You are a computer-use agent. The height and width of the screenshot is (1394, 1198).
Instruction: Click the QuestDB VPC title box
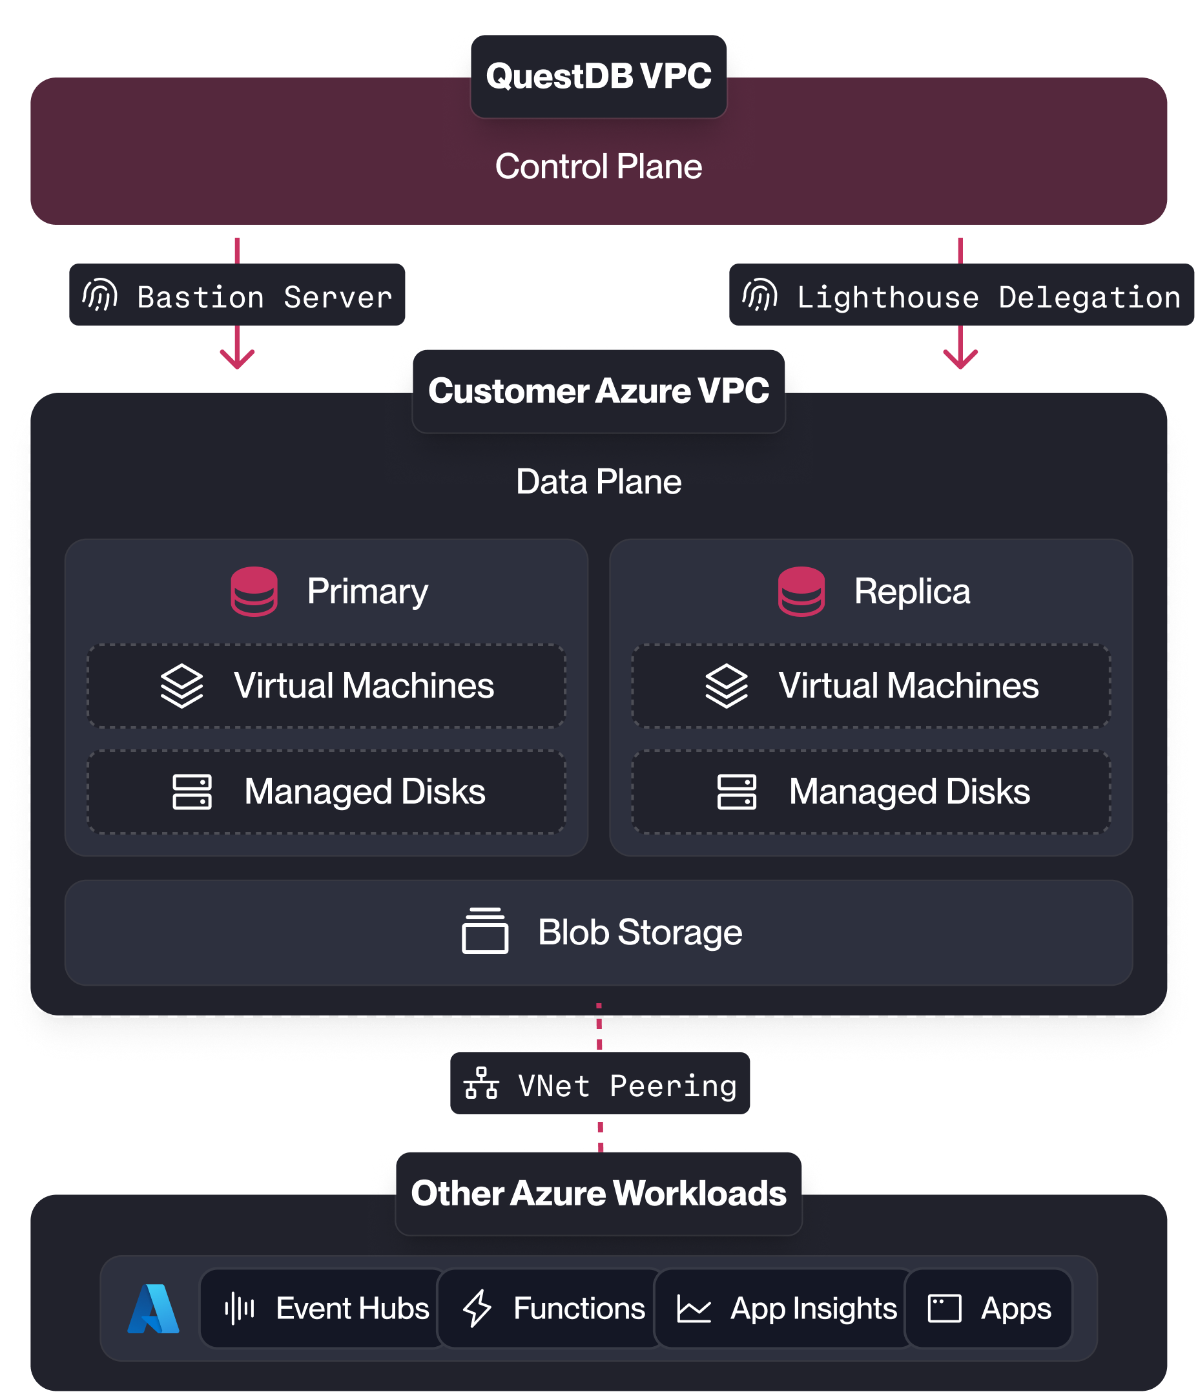tap(598, 76)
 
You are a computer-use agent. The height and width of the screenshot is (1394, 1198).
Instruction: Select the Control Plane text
tap(598, 166)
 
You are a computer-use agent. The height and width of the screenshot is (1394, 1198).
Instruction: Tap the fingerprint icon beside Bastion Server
tap(100, 295)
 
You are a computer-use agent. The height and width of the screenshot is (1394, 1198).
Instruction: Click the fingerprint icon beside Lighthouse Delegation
tap(760, 295)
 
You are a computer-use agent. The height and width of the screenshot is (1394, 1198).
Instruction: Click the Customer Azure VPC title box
tap(598, 391)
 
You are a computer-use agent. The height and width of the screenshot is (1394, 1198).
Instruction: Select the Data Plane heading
tap(598, 482)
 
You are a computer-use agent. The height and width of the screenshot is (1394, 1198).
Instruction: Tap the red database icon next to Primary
tap(254, 591)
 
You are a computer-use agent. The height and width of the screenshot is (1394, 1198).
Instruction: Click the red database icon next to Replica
tap(800, 591)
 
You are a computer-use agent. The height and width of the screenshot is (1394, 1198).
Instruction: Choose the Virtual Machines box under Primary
tap(326, 685)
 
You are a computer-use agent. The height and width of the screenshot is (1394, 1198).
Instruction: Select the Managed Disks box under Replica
tap(871, 791)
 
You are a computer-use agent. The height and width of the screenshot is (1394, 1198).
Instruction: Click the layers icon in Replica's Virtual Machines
tap(727, 685)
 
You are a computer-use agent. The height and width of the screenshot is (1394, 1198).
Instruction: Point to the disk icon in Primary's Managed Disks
tap(192, 791)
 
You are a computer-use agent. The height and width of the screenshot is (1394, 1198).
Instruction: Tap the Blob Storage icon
tap(485, 931)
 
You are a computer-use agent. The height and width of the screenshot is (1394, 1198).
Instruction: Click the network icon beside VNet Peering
tap(481, 1083)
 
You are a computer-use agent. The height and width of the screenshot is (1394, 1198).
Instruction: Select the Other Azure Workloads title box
tap(598, 1194)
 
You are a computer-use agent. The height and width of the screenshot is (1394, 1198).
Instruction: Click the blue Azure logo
tap(153, 1309)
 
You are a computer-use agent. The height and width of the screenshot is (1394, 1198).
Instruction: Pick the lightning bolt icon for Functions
tap(477, 1309)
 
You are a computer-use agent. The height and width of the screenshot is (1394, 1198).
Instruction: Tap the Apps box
tap(987, 1309)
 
